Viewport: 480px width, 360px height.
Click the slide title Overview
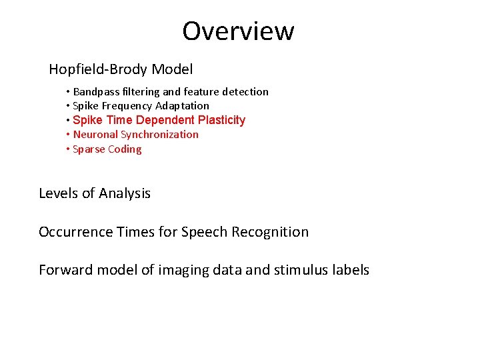(238, 31)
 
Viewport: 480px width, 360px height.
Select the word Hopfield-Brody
(98, 69)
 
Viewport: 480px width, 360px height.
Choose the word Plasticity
(221, 120)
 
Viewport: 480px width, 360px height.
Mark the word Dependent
(167, 120)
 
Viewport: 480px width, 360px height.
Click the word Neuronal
(95, 135)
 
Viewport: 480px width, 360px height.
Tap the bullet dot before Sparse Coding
(68, 149)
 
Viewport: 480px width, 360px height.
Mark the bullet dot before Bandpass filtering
(68, 92)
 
